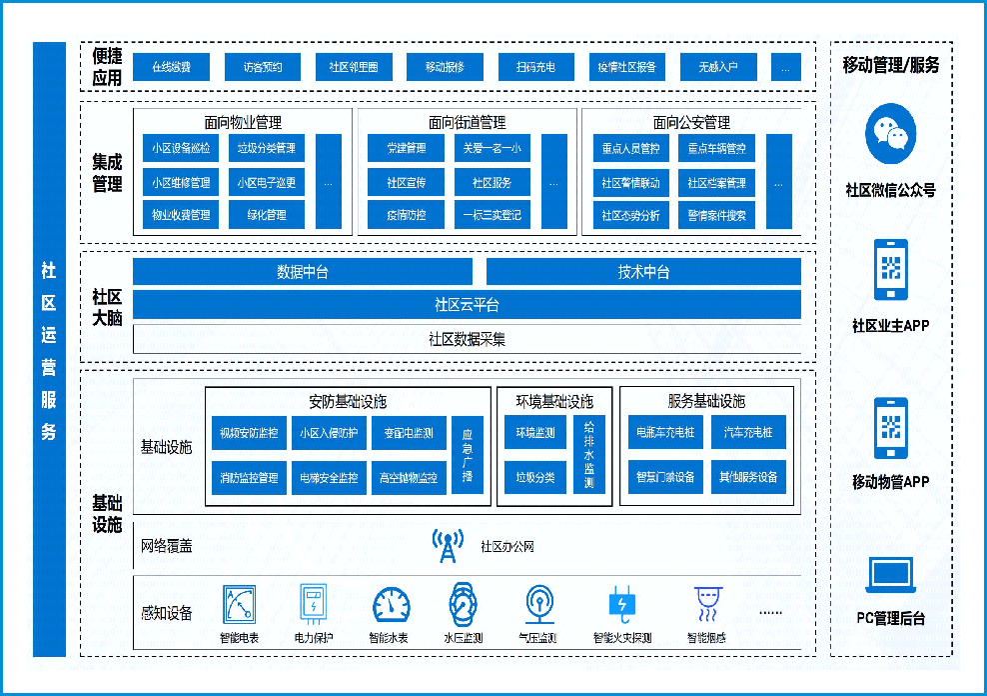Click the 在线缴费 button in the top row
[171, 67]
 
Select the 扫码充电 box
[535, 67]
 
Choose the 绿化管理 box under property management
[266, 214]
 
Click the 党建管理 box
[406, 149]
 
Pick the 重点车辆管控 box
[716, 149]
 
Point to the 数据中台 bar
[302, 272]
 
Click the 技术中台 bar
[643, 272]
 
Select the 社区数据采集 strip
[467, 339]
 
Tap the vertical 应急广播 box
[467, 455]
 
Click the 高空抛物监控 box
[408, 478]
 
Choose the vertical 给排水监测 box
[588, 455]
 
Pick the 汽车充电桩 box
[748, 433]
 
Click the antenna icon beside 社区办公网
[447, 546]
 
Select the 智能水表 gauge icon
[391, 606]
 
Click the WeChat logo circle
[890, 135]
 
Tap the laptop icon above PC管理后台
[890, 574]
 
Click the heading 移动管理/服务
[890, 66]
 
